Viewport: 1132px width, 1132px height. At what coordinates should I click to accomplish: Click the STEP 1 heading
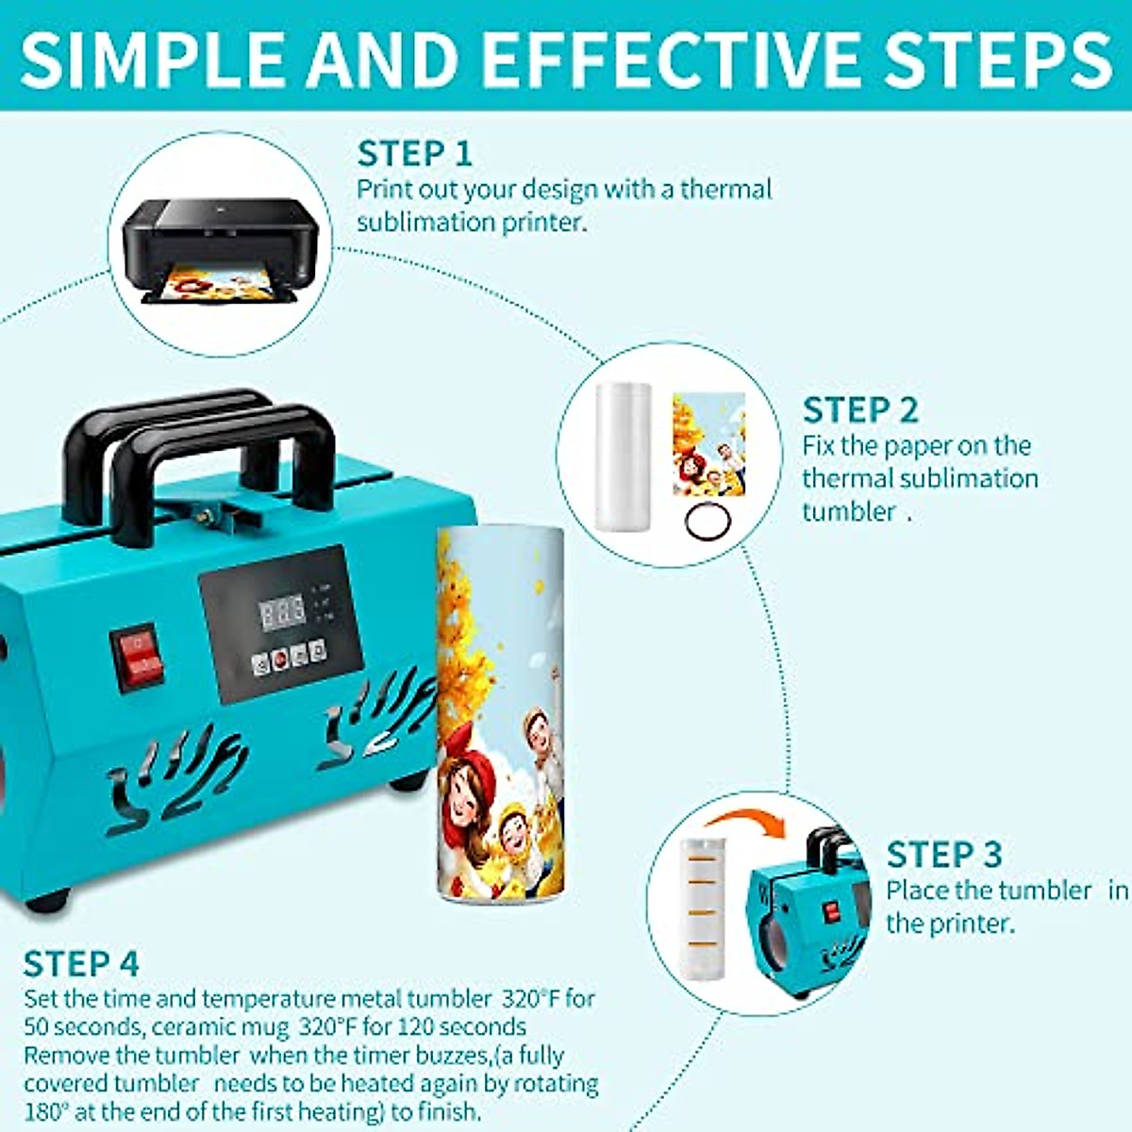click(414, 153)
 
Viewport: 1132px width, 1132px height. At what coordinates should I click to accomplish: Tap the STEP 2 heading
click(859, 410)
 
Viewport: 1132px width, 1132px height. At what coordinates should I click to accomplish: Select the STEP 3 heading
click(943, 855)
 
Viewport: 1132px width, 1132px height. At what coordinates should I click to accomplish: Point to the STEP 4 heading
click(81, 964)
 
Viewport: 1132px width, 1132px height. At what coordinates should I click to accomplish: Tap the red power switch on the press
click(138, 656)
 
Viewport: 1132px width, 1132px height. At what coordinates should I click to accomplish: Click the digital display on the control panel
click(283, 613)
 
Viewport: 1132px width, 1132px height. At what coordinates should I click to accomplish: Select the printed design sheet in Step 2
click(707, 443)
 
